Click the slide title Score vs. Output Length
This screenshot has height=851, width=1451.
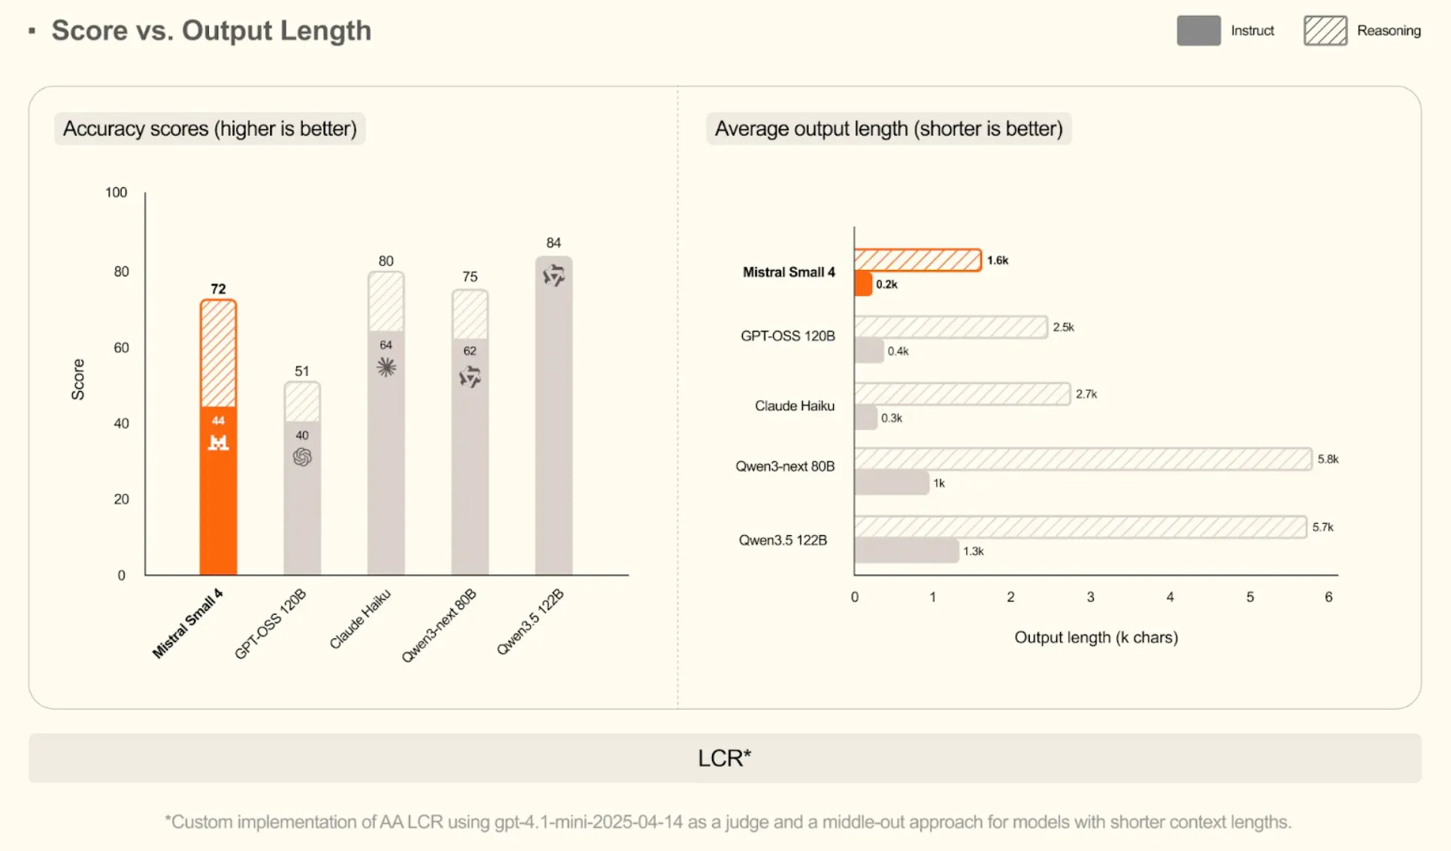[211, 31]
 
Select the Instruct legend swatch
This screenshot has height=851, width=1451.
[1198, 31]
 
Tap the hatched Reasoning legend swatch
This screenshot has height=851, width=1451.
[1325, 31]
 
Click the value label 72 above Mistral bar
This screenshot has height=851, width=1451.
[218, 289]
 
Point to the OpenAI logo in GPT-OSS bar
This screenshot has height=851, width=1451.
[302, 456]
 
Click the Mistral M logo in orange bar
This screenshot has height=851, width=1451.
[218, 442]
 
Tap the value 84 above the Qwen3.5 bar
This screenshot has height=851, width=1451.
[553, 243]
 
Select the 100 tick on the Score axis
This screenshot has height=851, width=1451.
[116, 192]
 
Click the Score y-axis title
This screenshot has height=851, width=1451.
[78, 379]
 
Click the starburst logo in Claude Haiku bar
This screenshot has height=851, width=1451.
[386, 367]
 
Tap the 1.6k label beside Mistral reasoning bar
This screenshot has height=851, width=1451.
[998, 260]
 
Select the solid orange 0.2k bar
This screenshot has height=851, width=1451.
[863, 284]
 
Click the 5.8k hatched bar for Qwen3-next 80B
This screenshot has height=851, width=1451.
[1083, 459]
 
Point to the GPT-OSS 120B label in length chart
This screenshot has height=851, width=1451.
[787, 336]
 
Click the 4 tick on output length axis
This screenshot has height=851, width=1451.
[1170, 597]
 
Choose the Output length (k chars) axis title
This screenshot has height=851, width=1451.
[1095, 637]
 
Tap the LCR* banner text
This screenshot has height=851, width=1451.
[724, 758]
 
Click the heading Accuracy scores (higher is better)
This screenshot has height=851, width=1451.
[210, 129]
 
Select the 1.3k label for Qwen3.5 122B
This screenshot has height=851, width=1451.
[974, 551]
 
